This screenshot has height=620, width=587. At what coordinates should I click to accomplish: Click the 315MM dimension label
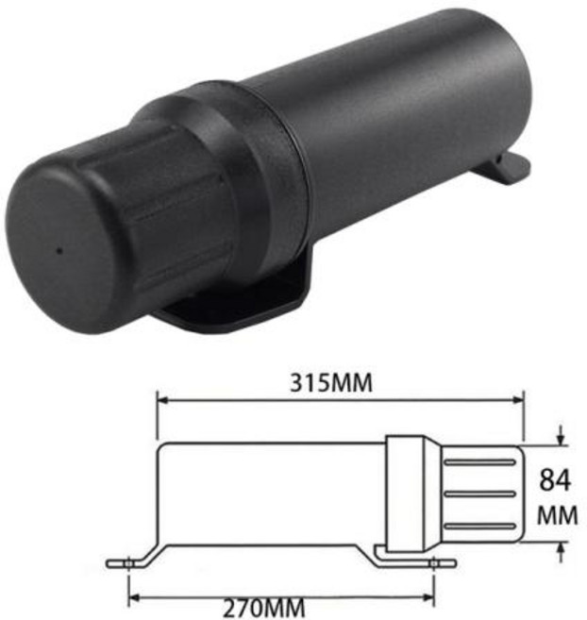click(331, 383)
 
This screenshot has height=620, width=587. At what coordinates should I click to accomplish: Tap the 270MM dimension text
click(264, 609)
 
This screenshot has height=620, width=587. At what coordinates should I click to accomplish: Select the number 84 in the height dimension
click(555, 480)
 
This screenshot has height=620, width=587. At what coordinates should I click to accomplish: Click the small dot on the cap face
click(59, 250)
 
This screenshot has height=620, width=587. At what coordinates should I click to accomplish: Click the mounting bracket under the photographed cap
click(237, 300)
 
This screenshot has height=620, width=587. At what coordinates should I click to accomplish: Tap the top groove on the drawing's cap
click(479, 461)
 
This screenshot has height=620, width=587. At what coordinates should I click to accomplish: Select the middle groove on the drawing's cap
click(479, 494)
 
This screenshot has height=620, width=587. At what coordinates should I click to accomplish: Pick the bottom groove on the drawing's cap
click(479, 526)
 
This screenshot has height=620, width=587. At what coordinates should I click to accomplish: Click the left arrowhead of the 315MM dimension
click(163, 401)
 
